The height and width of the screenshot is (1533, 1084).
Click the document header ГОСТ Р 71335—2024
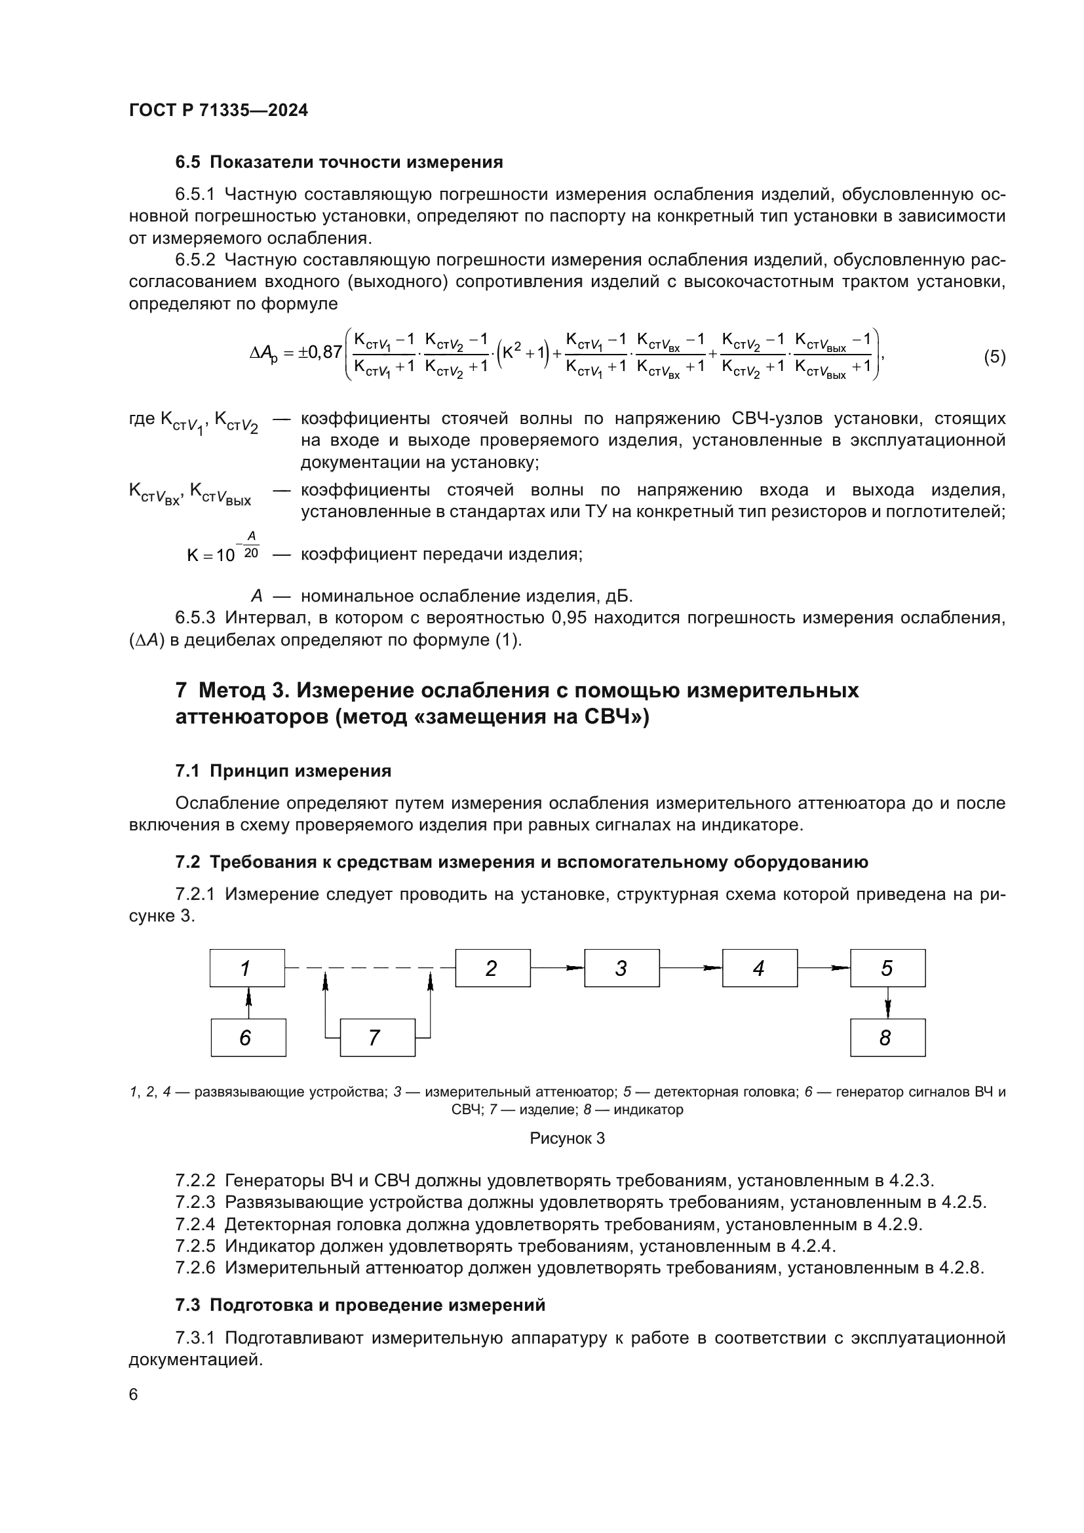coord(218,110)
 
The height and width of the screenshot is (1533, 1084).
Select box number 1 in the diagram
coord(247,967)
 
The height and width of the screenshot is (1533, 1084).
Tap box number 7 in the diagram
coord(377,1037)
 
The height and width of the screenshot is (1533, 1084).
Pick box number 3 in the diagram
coord(621,967)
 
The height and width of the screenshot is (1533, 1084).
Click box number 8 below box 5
coord(887,1037)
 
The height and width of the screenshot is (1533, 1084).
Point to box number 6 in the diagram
coord(248,1037)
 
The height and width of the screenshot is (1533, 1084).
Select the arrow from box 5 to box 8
coord(888,1002)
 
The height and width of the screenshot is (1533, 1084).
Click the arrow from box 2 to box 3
coord(557,967)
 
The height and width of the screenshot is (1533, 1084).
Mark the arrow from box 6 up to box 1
coord(248,1002)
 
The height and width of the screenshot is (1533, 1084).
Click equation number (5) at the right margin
coord(994,357)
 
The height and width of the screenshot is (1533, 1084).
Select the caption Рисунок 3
coord(567,1138)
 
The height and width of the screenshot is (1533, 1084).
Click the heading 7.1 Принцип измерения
coord(283,771)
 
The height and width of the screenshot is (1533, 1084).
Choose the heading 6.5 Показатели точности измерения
coord(339,162)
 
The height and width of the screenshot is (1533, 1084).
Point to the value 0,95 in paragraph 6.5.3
coord(569,617)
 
